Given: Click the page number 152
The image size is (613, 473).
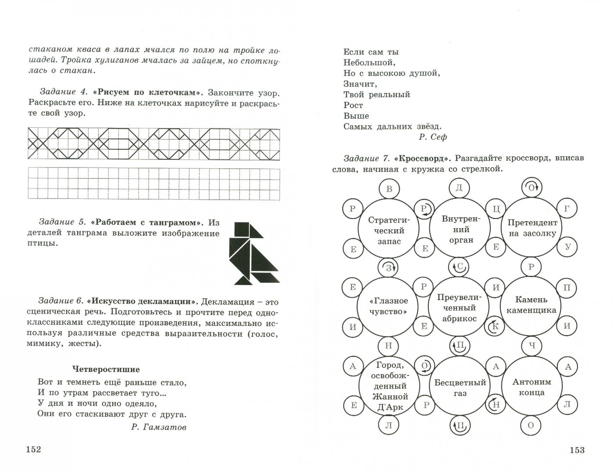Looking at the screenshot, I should (x=33, y=450).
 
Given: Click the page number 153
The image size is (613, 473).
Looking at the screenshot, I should (x=576, y=450).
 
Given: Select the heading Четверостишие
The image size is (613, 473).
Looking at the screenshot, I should (x=106, y=369).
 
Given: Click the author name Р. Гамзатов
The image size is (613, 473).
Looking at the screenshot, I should (x=159, y=427).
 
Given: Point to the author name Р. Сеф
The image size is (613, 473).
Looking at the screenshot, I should (x=432, y=137).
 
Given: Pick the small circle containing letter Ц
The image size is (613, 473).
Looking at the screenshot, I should (x=496, y=209).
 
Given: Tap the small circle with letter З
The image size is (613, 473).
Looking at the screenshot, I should (x=388, y=267).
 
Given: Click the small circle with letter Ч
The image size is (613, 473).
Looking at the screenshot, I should (x=532, y=346).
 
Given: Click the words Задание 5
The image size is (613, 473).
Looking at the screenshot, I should (x=61, y=222).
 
